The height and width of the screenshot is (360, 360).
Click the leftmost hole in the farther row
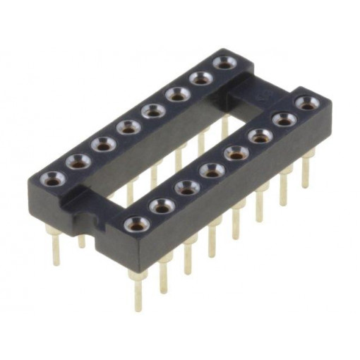pos(53,178)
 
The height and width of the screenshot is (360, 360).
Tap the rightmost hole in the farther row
pos(224,64)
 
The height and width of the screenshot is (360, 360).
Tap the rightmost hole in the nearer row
pos(307,103)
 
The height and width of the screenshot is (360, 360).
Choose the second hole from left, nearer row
pos(162,206)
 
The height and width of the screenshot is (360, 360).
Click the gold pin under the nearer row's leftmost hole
pos(138,289)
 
